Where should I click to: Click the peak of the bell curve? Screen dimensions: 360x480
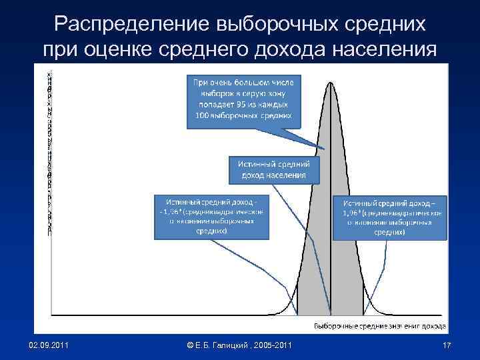(331, 83)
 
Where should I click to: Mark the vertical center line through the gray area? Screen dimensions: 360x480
(331, 253)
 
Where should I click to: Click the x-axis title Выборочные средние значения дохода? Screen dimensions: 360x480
(379, 325)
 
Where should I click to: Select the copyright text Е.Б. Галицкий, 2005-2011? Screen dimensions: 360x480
(239, 344)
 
